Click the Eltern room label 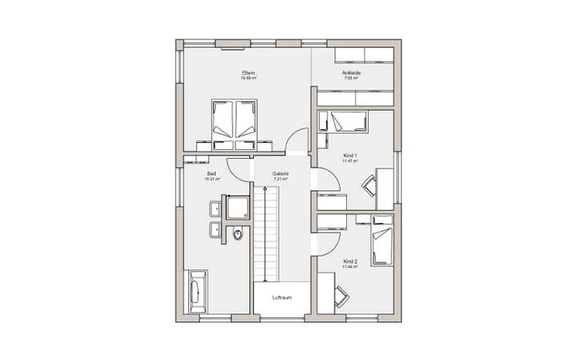click(x=248, y=73)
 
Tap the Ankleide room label click(x=351, y=73)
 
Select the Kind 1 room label click(x=350, y=156)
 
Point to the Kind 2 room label click(x=350, y=261)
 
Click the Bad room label click(x=212, y=173)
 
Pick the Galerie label click(x=280, y=173)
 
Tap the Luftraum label click(x=280, y=297)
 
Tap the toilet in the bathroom click(x=239, y=233)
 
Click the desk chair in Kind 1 click(x=370, y=185)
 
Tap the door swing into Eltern click(x=297, y=140)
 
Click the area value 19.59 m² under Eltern click(x=248, y=79)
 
